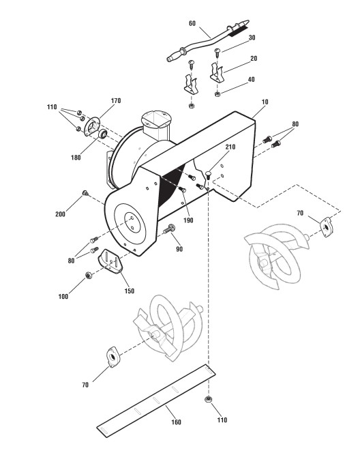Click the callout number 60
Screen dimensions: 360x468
click(x=192, y=23)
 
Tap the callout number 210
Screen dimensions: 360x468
click(x=230, y=147)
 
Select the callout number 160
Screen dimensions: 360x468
click(x=176, y=422)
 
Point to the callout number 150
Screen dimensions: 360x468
click(x=129, y=291)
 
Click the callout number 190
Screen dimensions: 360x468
click(x=188, y=220)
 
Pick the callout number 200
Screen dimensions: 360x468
click(x=60, y=214)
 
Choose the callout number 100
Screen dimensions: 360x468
click(x=63, y=296)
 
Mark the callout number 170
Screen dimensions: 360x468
click(x=116, y=100)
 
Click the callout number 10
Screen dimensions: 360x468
click(x=265, y=102)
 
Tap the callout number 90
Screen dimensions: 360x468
click(x=179, y=249)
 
